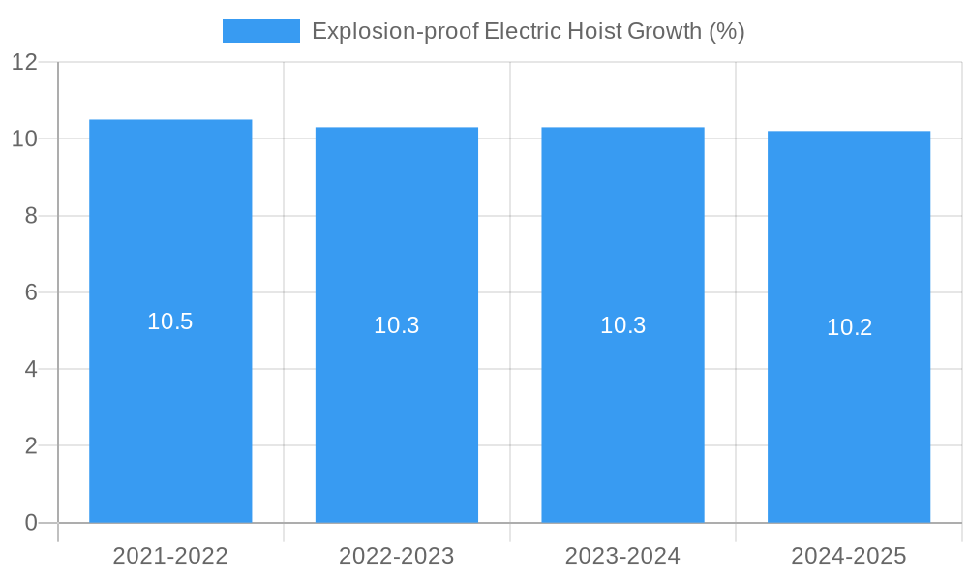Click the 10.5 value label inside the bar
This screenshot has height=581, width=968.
pyautogui.click(x=170, y=321)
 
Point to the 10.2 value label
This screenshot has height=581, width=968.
pyautogui.click(x=849, y=327)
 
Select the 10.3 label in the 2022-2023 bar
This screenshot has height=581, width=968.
pyautogui.click(x=397, y=325)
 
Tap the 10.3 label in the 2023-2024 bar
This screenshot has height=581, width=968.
pyautogui.click(x=622, y=325)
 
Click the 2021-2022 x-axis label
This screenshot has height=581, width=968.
pyautogui.click(x=170, y=556)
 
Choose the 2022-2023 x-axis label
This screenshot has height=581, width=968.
pyautogui.click(x=397, y=556)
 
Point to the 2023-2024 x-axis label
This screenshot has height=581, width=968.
pyautogui.click(x=622, y=556)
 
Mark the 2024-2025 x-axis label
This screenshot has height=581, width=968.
pyautogui.click(x=849, y=556)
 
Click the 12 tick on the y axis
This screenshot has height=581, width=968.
pyautogui.click(x=24, y=62)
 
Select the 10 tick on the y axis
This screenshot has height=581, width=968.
pyautogui.click(x=24, y=138)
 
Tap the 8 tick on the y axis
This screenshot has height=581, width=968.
pyautogui.click(x=31, y=216)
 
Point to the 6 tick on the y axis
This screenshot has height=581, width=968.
pyautogui.click(x=31, y=292)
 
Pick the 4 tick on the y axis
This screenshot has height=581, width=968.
pyautogui.click(x=31, y=369)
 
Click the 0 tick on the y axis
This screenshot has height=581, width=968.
pyautogui.click(x=31, y=523)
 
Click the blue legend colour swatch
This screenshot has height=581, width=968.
pyautogui.click(x=260, y=31)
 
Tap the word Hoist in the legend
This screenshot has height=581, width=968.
pyautogui.click(x=592, y=31)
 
